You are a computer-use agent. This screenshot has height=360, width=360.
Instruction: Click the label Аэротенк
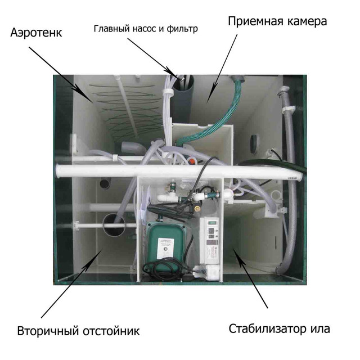(x=36, y=33)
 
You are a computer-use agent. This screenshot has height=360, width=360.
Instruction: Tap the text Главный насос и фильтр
(x=146, y=29)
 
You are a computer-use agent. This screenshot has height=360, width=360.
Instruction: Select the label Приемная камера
(x=277, y=21)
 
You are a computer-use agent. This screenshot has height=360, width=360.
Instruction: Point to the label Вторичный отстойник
(x=79, y=331)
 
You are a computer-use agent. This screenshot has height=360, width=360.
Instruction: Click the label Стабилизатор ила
(x=279, y=328)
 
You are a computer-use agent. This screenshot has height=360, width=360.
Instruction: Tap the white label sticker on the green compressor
(x=165, y=248)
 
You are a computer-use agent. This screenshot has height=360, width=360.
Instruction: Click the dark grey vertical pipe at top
(x=183, y=99)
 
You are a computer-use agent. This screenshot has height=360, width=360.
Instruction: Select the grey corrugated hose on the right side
(x=290, y=179)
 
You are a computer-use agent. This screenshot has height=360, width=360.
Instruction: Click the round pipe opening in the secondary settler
(x=114, y=224)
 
